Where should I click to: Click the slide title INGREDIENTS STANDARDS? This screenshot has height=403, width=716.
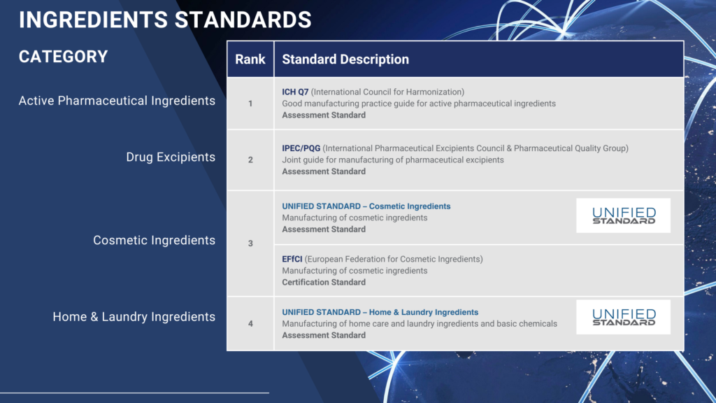tap(165, 20)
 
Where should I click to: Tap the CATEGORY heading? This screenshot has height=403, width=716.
tap(63, 57)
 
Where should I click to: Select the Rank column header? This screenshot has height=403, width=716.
tap(250, 59)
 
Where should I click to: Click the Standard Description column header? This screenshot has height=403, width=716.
tap(345, 59)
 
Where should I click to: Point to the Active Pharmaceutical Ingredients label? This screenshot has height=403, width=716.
tap(117, 101)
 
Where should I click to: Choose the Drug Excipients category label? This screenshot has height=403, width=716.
tap(171, 157)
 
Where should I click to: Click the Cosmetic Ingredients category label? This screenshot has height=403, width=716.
tap(155, 241)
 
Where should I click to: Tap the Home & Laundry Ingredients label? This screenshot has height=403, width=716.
tap(134, 317)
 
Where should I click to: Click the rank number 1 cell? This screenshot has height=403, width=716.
tap(250, 104)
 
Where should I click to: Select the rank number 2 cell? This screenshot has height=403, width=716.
tap(250, 160)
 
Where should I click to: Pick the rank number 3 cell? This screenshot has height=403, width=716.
tap(250, 243)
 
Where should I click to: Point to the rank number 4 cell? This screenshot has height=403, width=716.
tap(250, 324)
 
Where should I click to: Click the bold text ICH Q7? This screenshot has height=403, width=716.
tap(295, 92)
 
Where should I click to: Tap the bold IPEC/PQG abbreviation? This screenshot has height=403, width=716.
tap(301, 148)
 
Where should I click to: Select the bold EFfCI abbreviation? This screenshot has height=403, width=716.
tap(292, 259)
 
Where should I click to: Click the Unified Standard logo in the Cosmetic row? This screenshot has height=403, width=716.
tap(623, 215)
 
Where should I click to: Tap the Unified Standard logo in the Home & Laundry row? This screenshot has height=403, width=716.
tap(623, 317)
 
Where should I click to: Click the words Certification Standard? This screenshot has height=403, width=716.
tap(324, 283)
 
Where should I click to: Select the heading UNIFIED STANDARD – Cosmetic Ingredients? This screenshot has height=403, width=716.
tap(366, 206)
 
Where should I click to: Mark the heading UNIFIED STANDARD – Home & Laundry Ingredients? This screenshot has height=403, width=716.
tap(380, 313)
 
